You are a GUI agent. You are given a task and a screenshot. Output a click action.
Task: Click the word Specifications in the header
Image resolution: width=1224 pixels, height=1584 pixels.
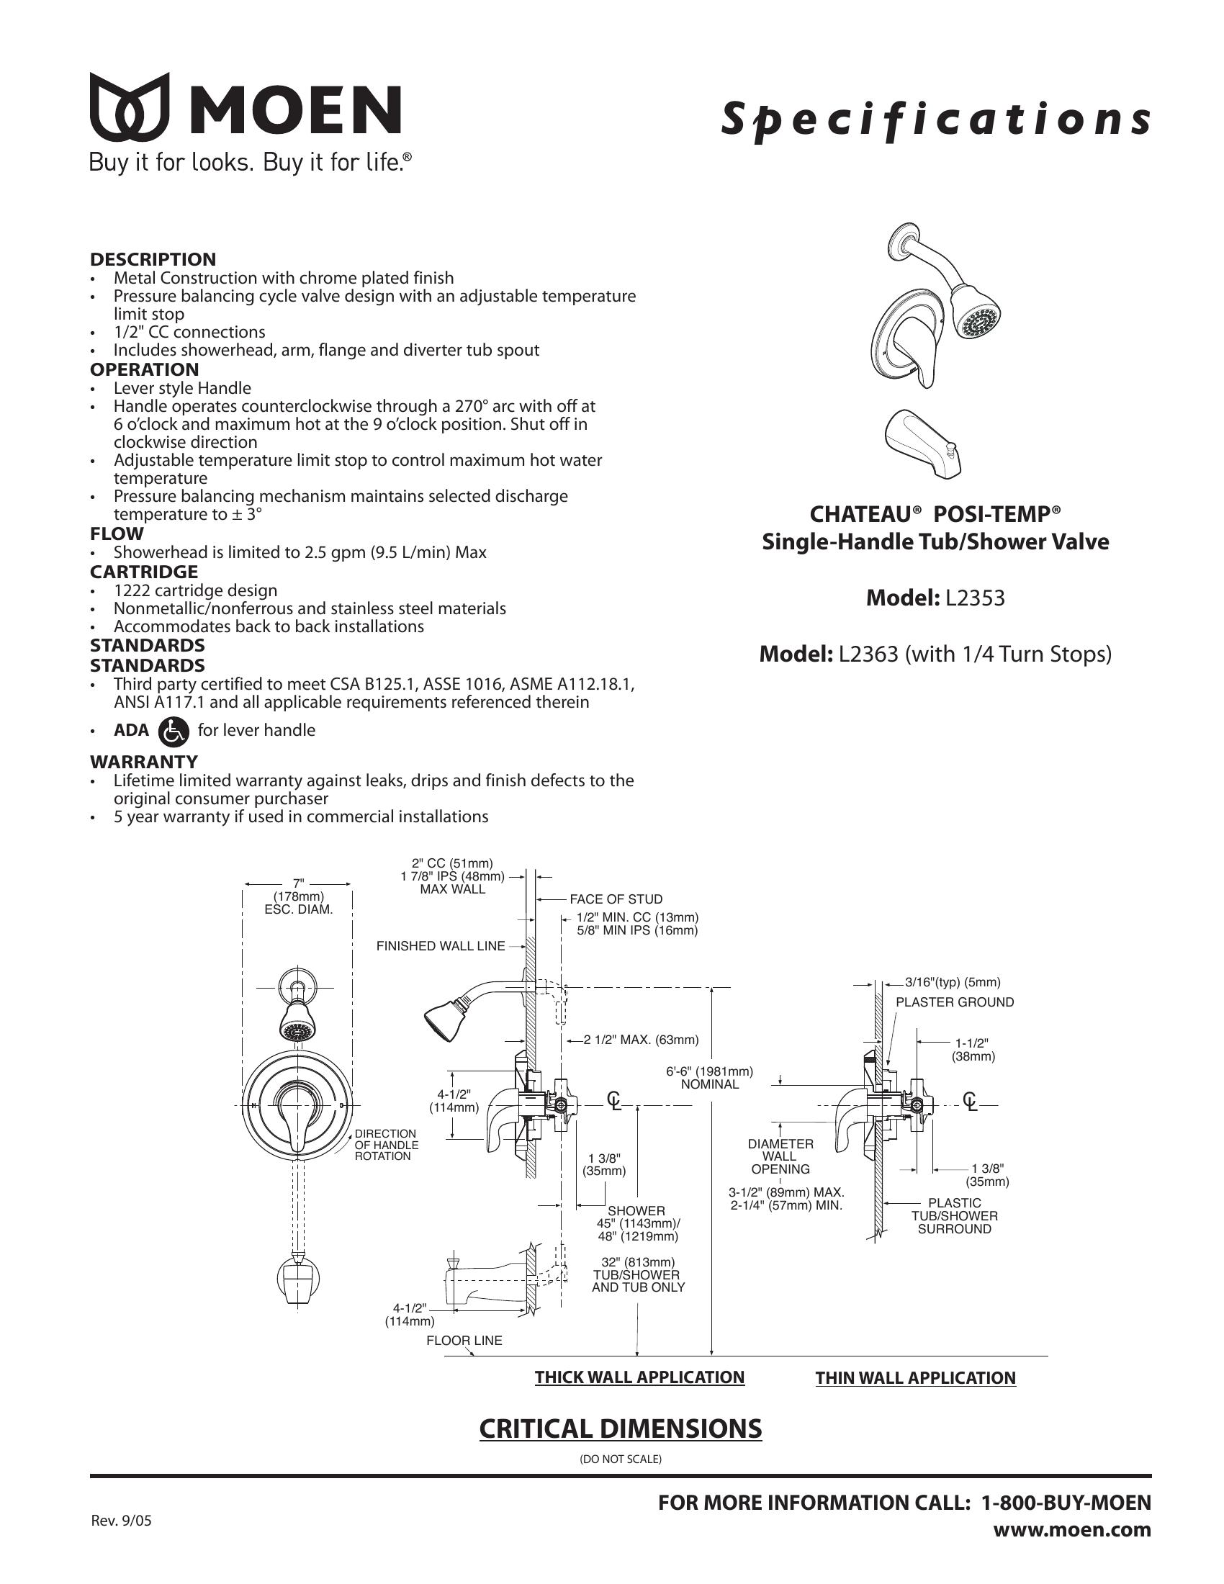(x=935, y=120)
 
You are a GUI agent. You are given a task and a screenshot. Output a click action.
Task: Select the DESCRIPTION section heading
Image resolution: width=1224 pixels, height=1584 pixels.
(x=152, y=259)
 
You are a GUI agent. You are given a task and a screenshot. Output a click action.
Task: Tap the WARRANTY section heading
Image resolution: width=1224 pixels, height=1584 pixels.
(x=143, y=762)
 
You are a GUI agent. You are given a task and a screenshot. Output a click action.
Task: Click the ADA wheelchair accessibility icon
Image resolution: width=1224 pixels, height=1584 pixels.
(x=173, y=730)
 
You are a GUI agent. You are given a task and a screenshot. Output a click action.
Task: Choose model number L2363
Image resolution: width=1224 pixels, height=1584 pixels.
(x=870, y=654)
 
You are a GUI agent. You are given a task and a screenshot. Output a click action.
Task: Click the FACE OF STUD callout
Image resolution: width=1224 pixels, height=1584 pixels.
(x=616, y=899)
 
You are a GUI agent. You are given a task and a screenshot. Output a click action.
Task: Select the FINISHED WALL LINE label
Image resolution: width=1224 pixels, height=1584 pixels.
(x=440, y=946)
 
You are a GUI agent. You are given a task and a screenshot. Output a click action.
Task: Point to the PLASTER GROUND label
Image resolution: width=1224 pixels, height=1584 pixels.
(x=954, y=1002)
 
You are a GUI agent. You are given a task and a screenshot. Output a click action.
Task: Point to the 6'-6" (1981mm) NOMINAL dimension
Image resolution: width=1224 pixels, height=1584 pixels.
(x=709, y=1078)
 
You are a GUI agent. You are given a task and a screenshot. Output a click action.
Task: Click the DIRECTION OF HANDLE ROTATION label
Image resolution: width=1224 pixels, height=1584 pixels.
(x=385, y=1145)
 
